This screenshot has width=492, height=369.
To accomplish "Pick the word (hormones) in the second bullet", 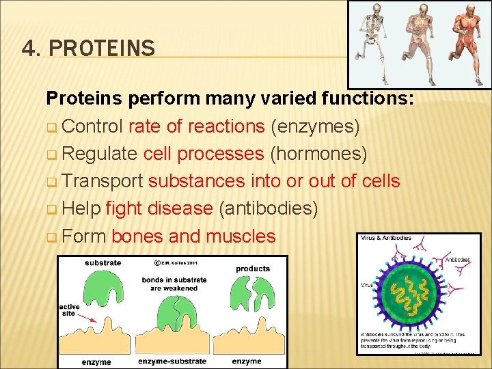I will [318, 154].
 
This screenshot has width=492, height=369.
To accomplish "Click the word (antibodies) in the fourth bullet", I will [267, 208].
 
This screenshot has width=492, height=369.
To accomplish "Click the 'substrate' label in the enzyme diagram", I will [103, 262].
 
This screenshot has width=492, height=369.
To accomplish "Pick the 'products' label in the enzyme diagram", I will [253, 269].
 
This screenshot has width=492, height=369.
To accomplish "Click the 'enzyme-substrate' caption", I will [171, 361].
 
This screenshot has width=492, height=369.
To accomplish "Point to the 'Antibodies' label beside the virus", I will [458, 260].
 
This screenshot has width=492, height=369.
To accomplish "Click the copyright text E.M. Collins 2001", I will [176, 262].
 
